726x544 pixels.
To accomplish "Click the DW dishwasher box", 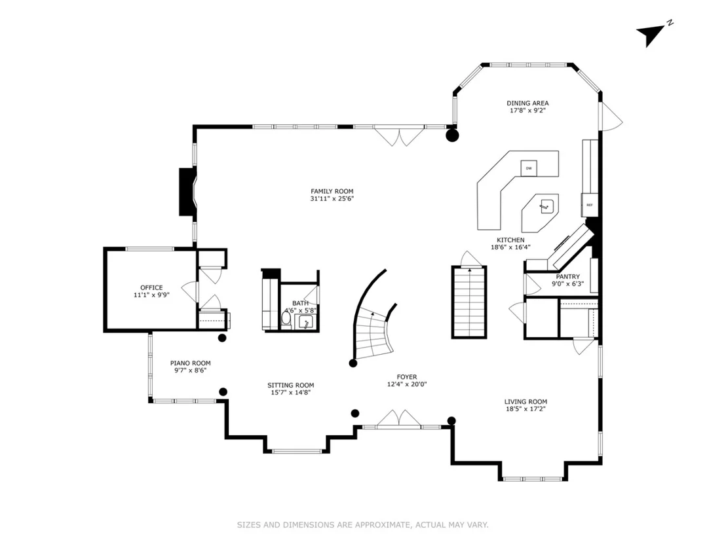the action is (529, 168).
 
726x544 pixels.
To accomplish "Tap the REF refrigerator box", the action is (590, 204).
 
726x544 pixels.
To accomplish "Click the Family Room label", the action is (332, 191).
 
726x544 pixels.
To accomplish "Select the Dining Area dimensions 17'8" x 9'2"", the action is (528, 111).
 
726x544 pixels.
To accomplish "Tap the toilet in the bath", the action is (286, 319).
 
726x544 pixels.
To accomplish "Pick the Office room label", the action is (151, 287).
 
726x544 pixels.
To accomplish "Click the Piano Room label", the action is (190, 363).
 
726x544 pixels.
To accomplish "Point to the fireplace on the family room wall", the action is (187, 192).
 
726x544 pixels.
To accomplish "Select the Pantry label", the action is (567, 277).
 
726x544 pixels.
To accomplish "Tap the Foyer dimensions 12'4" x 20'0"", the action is (407, 384).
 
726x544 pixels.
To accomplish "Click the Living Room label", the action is (525, 401).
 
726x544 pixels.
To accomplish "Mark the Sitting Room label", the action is (291, 385).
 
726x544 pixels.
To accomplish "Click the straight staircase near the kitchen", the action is (469, 302).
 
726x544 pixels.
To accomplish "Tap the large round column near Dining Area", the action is (452, 136).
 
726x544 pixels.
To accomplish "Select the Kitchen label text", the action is (510, 240).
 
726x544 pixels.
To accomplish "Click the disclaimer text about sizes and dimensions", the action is (362, 524).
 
